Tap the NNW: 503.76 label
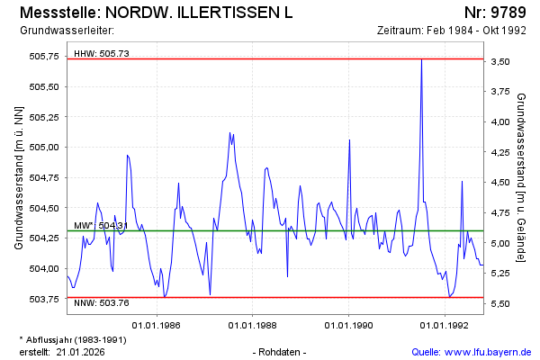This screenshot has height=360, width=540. tap(102, 303)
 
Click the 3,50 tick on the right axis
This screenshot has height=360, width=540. tap(502, 61)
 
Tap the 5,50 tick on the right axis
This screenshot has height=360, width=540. tap(502, 303)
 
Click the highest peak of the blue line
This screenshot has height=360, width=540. tap(422, 59)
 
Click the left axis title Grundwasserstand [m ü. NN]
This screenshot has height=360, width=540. tap(19, 177)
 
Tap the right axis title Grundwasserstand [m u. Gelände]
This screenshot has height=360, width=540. tap(521, 177)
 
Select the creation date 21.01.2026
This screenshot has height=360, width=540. tap(81, 351)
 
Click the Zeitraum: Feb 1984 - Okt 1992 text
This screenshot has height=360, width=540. tap(452, 31)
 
